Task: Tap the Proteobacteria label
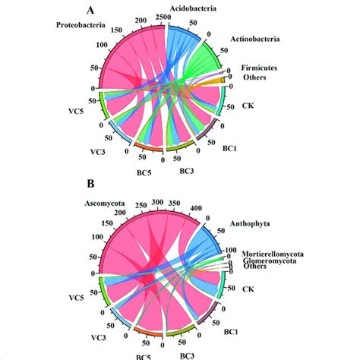click(x=84, y=27)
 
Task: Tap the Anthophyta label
click(x=248, y=224)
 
